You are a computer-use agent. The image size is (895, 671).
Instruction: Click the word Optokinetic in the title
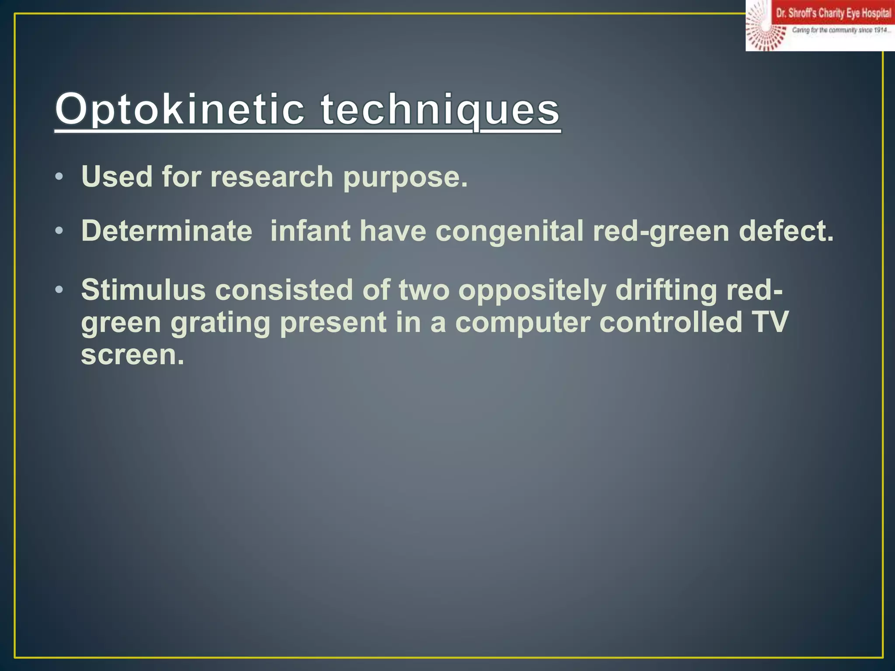179,109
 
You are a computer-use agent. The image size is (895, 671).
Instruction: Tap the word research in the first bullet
271,177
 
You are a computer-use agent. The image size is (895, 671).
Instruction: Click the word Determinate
167,231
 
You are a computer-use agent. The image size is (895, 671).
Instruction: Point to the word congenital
509,232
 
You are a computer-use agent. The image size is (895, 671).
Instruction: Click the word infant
310,231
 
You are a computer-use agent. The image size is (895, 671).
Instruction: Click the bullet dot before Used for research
59,177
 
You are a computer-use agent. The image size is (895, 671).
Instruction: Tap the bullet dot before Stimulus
59,290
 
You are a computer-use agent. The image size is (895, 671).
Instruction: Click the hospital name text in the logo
833,14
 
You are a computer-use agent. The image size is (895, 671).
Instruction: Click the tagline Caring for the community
840,30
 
